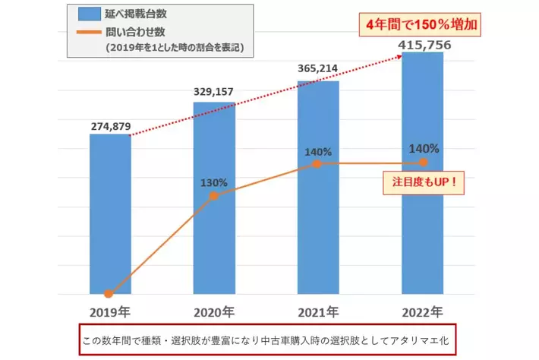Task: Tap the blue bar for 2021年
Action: tap(318, 228)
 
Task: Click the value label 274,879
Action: tap(110, 126)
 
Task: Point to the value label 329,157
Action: tap(213, 92)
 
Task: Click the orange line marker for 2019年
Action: tap(109, 293)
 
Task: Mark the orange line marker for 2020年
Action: tap(214, 195)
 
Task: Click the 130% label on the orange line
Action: tap(214, 182)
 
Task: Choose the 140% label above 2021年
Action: tap(318, 152)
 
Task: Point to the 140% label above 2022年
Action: tap(423, 150)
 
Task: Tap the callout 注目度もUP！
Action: tap(423, 183)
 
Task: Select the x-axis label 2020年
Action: tap(213, 311)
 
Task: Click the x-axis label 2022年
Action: tap(423, 311)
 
